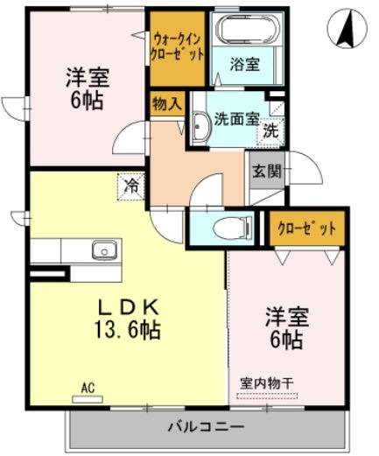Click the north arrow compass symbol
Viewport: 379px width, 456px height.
coord(347,29)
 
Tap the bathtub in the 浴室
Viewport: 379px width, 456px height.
coord(247,29)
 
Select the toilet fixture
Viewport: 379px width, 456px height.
coord(233,228)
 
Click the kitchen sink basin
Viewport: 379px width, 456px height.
coord(104,250)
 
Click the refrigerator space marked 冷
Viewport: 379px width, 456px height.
coord(131,187)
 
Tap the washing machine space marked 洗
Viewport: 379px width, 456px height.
coord(270,131)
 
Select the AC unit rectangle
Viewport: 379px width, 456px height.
coord(88,399)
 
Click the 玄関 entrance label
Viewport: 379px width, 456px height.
coord(266,171)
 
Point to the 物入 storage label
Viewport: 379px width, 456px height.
coord(167,104)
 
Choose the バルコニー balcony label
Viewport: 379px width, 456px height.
coord(206,427)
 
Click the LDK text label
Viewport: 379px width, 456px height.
coord(129,308)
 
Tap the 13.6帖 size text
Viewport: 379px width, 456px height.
coord(127,329)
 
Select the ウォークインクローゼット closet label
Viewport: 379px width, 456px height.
coord(177,46)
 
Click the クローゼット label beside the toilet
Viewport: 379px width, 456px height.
coord(306,229)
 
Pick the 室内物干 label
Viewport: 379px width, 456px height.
coord(267,383)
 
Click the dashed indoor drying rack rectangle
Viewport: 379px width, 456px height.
coord(267,396)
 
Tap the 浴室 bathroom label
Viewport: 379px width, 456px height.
coord(244,64)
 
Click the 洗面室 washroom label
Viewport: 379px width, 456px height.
coord(237,119)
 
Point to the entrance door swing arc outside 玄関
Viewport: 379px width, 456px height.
coord(313,164)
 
